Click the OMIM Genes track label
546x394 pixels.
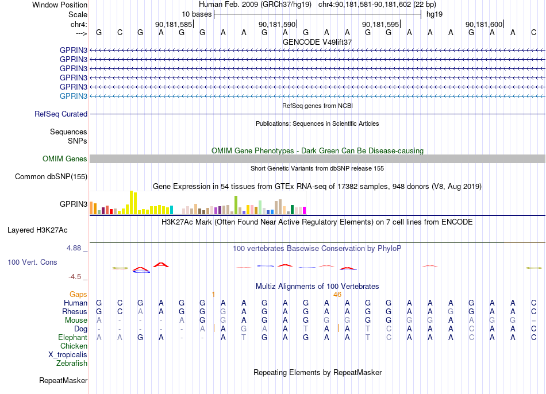(x=64, y=159)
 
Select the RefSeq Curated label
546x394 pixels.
(x=61, y=114)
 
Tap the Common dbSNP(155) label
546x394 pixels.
(x=51, y=177)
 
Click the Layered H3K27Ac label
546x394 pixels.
(x=37, y=230)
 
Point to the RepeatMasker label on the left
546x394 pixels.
(x=63, y=380)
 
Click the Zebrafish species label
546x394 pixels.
(x=72, y=364)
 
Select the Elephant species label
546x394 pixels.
(x=72, y=338)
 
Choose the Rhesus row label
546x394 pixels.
(x=75, y=311)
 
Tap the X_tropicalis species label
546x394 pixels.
(x=68, y=355)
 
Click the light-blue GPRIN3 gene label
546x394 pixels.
(x=74, y=96)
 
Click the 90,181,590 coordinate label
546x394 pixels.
(x=277, y=24)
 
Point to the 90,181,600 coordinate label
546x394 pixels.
(x=484, y=24)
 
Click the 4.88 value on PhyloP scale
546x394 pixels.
(x=74, y=248)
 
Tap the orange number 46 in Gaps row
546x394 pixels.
(x=337, y=295)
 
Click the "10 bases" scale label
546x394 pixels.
(x=197, y=14)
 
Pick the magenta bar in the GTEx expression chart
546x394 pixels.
(x=304, y=210)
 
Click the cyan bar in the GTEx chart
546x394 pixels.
(x=171, y=210)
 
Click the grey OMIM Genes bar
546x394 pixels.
(x=317, y=159)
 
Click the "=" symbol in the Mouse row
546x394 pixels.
(x=533, y=320)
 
